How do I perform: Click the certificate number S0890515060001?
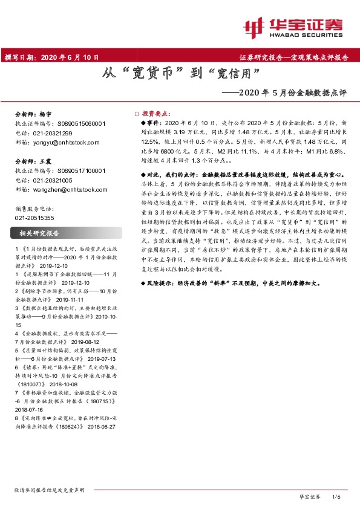tap(81, 123)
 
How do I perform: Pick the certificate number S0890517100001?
tap(81, 171)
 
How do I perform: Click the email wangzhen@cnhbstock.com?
tap(68, 189)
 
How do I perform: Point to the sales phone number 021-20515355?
tap(33, 217)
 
